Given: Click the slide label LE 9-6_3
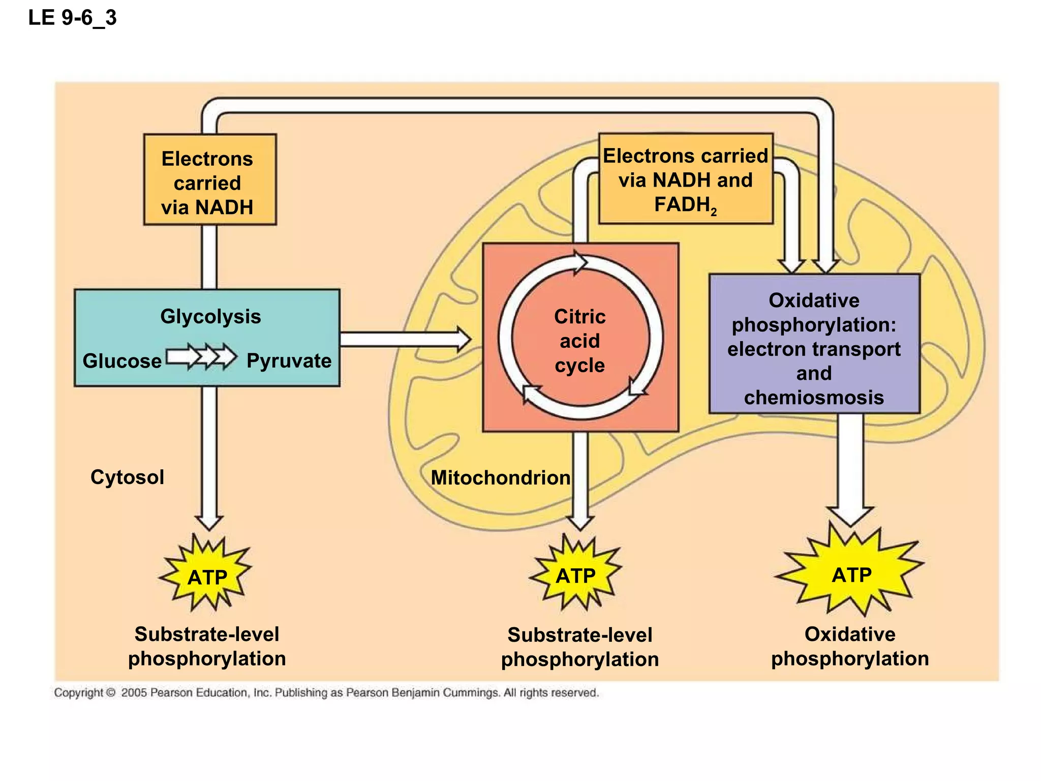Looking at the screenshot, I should coord(72,18).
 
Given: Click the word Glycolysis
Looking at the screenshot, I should coord(210,316).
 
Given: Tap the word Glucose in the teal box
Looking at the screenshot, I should coord(122,361).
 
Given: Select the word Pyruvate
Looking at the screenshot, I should coord(289,361).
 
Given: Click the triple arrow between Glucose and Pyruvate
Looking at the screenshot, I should coord(201,356).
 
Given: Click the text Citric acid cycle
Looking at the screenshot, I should coord(579,341).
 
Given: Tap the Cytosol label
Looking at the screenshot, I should coord(127,477).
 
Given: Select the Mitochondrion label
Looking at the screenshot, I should coord(500,477).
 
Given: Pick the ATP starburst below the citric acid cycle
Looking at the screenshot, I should coord(575,575).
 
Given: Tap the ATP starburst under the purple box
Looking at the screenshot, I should coord(851,575).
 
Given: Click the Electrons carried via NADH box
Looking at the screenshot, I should coord(209,180).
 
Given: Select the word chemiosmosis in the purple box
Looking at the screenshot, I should coord(814,397).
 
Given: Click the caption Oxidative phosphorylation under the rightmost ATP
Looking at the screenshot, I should coord(850,646).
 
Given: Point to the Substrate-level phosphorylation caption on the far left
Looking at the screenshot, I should coord(207,646).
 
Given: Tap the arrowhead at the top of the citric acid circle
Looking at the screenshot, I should coord(580,262).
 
